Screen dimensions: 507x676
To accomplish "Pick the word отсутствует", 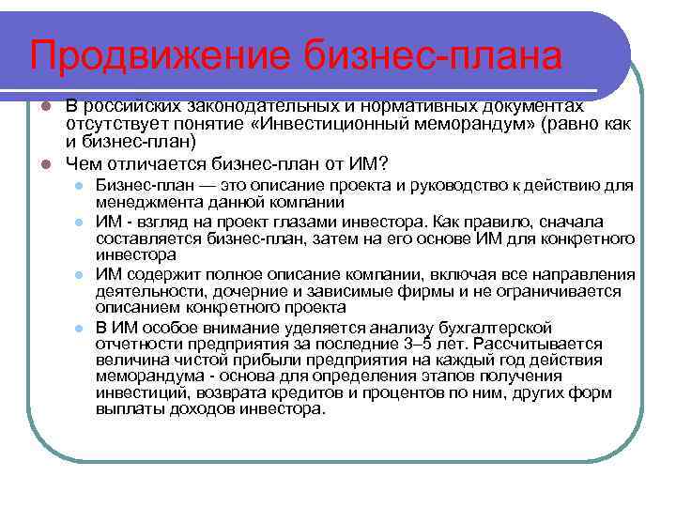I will (112, 125).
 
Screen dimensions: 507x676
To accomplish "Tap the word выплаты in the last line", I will (126, 410).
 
